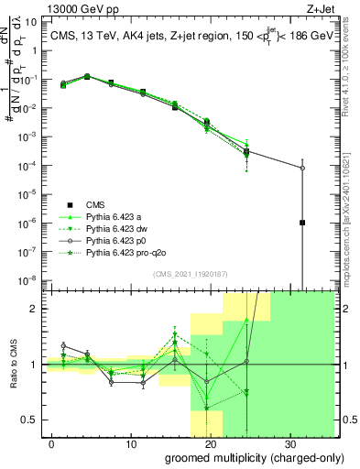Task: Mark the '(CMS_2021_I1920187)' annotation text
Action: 190,273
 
